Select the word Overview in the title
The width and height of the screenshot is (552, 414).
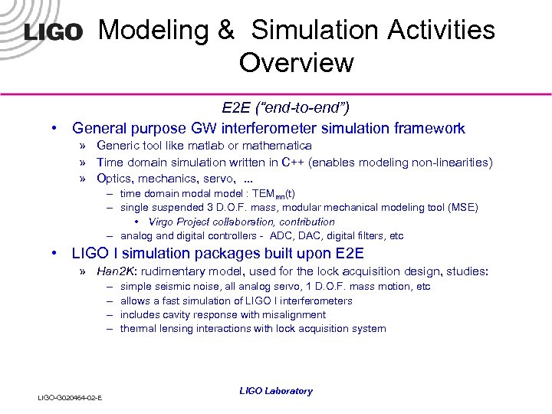pyautogui.click(x=296, y=63)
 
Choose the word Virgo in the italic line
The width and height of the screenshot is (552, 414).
pyautogui.click(x=163, y=222)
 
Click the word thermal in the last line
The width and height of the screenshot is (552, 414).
pyautogui.click(x=138, y=328)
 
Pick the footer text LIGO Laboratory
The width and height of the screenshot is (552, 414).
pyautogui.click(x=276, y=391)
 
